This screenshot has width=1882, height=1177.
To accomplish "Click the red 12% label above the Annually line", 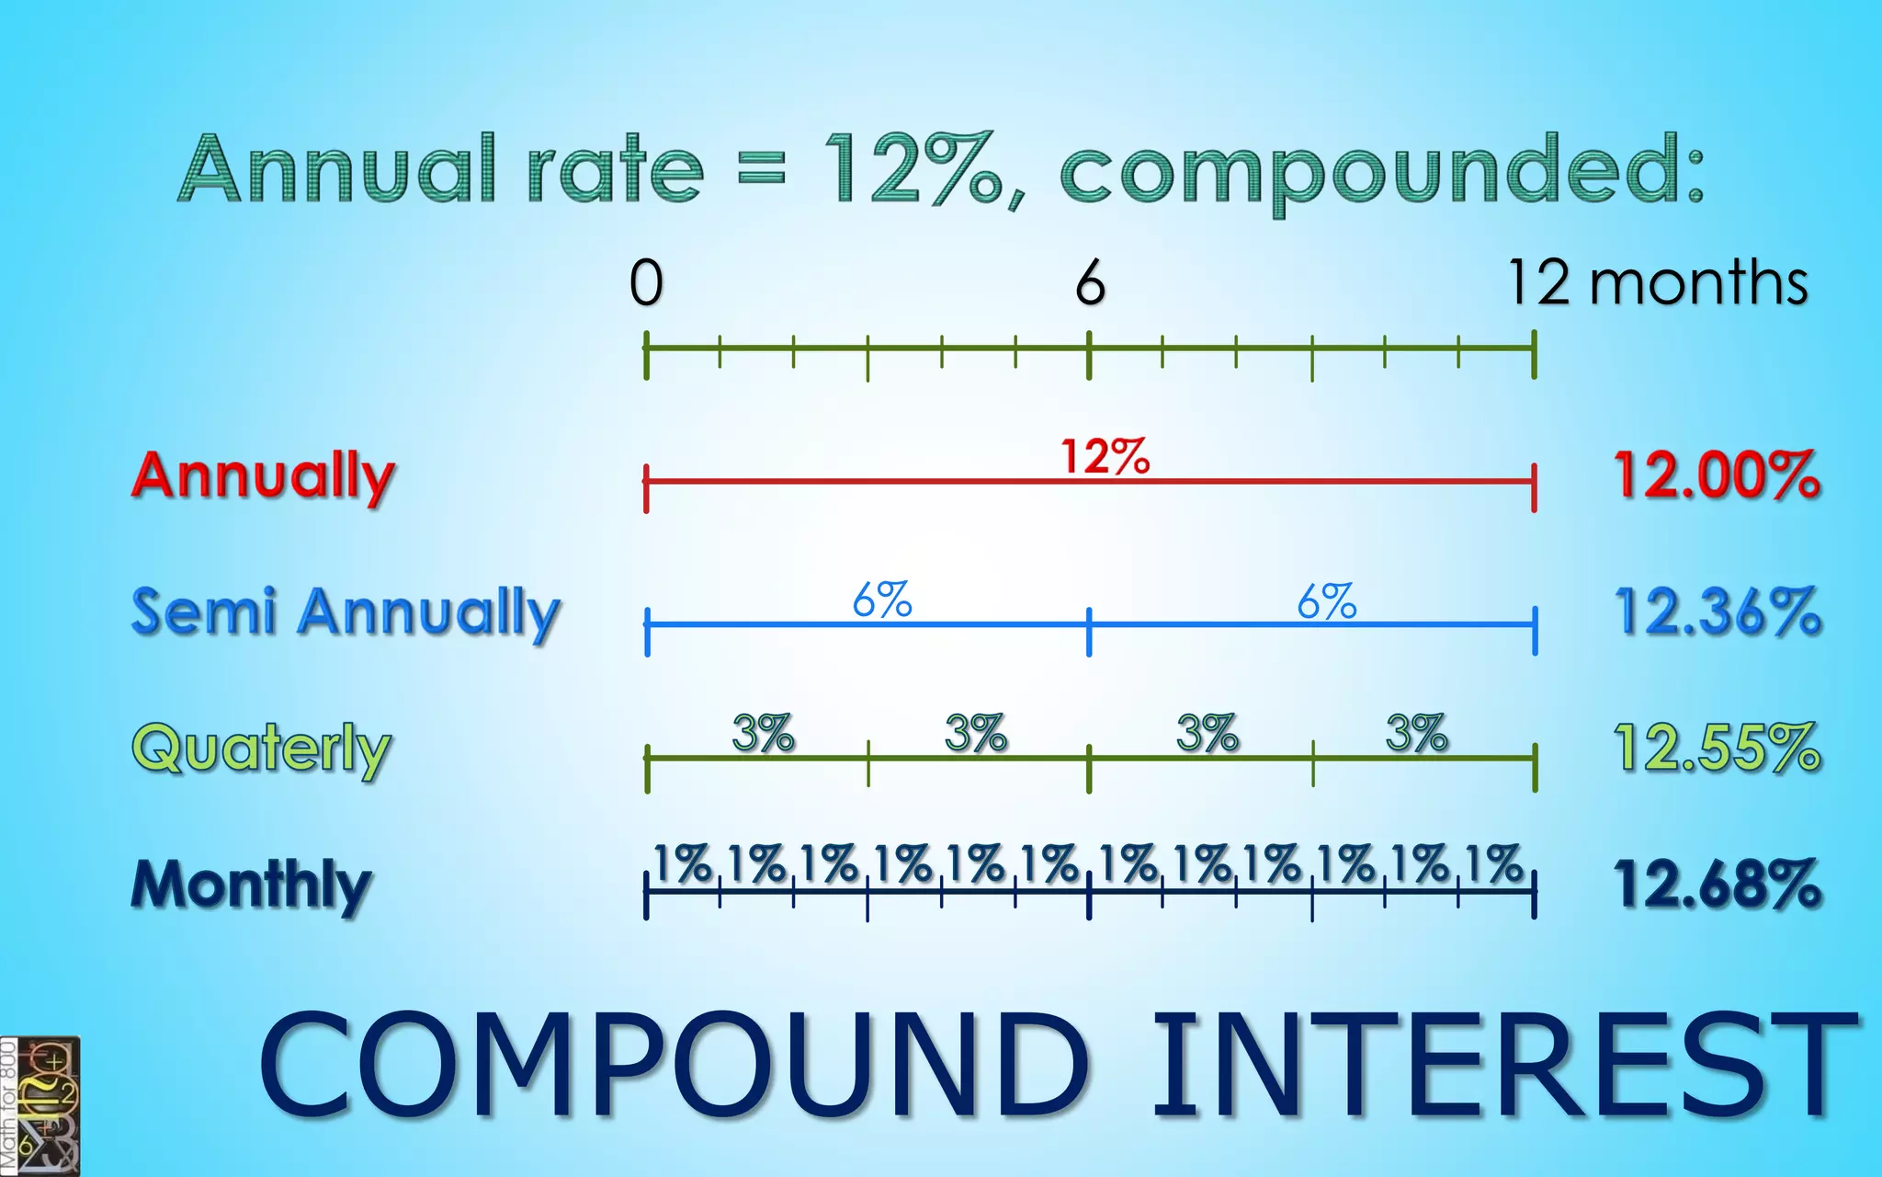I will coord(1105,456).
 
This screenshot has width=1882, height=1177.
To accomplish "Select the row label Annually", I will coord(263,477).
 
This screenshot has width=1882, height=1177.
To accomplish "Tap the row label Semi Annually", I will coord(346,612).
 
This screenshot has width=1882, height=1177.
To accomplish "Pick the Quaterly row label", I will coord(262,748).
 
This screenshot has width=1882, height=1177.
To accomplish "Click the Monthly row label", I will coord(251,885).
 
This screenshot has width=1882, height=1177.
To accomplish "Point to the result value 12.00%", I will coord(1717,476).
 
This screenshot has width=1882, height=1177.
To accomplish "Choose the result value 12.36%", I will coord(1717,611).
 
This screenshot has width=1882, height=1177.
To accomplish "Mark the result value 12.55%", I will coord(1717,748).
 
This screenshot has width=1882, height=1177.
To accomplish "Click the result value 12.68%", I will coord(1717,884).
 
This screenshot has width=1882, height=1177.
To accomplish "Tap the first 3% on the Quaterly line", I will coord(763,734).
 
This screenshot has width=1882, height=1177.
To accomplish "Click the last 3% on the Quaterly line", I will coord(1416,734).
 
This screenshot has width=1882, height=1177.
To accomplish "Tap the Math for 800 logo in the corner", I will coord(40,1106).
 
